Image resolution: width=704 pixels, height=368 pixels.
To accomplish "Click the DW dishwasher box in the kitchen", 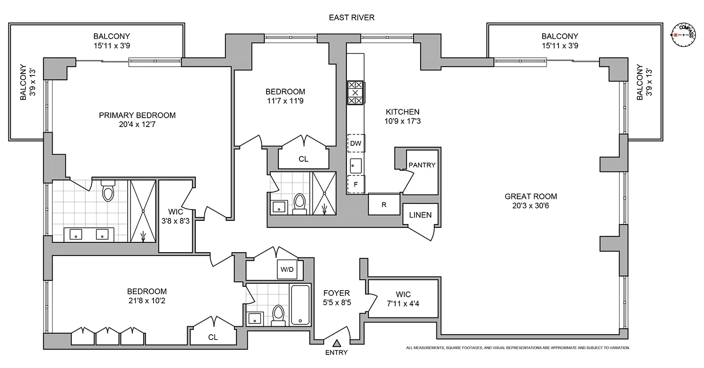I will point(356,143).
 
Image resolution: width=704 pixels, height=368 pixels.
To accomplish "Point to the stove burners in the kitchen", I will point(355,93).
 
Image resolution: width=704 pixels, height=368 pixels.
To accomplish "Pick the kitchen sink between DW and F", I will point(355,165).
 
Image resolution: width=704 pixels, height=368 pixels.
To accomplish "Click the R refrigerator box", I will point(384,204).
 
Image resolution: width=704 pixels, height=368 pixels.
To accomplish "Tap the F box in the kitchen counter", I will point(356,184).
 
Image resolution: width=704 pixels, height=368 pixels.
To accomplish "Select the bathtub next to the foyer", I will point(300,304).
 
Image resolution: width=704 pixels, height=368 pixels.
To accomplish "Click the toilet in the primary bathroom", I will point(108,191).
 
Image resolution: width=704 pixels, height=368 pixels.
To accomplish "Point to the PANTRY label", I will point(422,165).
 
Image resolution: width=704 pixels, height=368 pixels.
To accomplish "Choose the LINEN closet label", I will point(420,215).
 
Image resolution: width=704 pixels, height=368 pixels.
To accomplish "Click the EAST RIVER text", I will point(352,18).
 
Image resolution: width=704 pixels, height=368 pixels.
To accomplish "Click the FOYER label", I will point(337,293).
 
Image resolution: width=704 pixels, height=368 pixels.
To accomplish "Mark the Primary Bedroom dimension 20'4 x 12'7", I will point(137,124).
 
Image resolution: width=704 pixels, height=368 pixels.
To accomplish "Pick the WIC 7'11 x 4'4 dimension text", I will point(403,303).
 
